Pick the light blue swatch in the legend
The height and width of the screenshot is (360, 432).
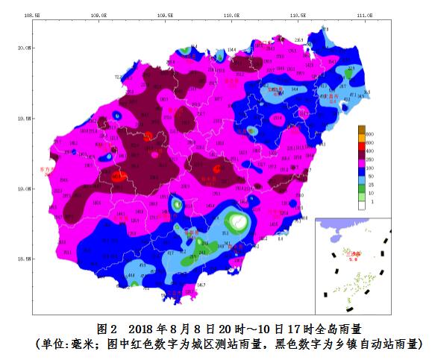tap(361, 180)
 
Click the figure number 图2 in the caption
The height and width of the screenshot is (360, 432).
tap(108, 329)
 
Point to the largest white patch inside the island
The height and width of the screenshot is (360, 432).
tap(237, 221)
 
